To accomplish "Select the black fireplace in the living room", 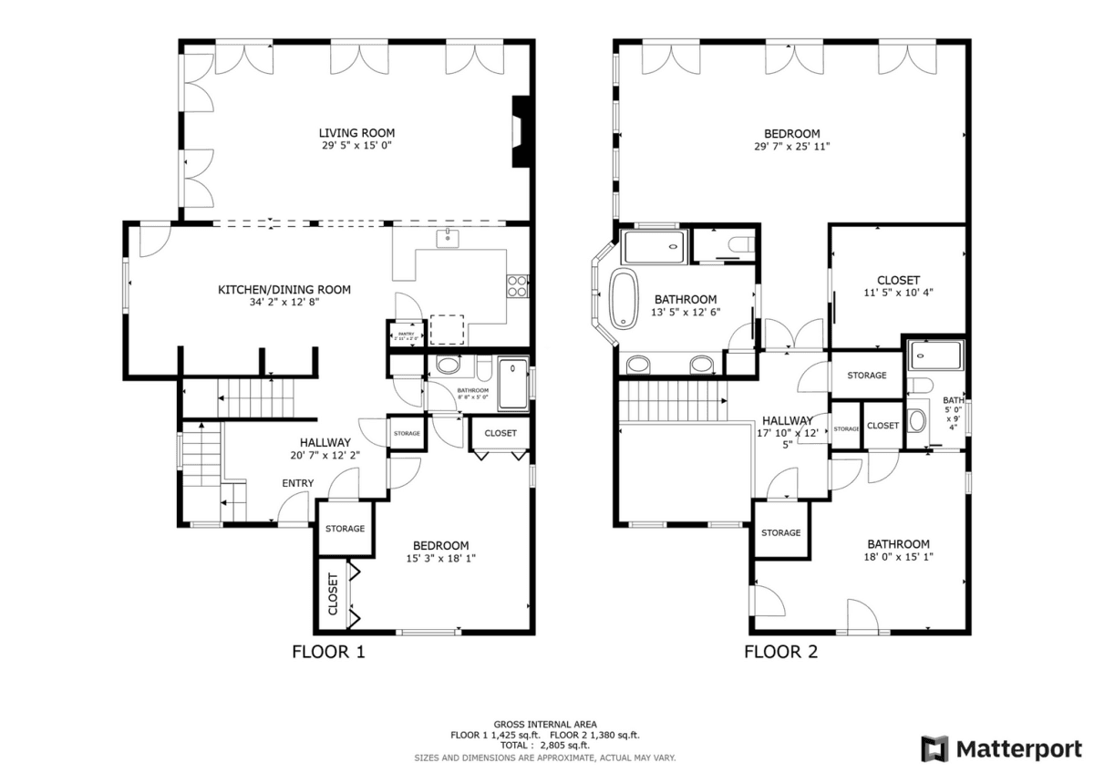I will click(521, 132).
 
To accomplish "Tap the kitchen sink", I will click(448, 240).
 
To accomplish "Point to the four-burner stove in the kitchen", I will click(517, 286).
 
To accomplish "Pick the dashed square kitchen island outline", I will click(447, 329).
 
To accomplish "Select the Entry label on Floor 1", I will click(298, 483).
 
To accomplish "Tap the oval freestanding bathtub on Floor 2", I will click(625, 298).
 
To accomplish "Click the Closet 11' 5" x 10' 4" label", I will click(898, 280).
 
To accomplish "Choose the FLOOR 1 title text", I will click(328, 652).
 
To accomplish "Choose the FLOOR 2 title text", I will click(781, 652).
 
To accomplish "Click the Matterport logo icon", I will click(934, 749).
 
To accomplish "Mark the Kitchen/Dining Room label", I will click(284, 290).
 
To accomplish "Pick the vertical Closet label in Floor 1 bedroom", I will click(333, 594).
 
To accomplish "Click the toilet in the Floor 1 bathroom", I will click(448, 366).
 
